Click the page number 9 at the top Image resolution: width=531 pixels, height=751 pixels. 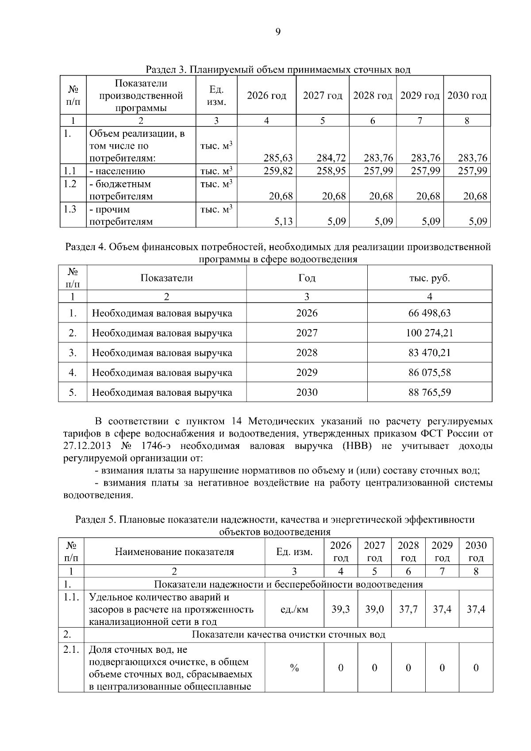coord(278,32)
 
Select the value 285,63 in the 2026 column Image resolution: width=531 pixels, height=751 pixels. coord(278,158)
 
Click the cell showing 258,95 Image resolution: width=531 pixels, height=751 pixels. coord(331,171)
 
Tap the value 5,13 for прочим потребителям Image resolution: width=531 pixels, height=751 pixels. coord(283,221)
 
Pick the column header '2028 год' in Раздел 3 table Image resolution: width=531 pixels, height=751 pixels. coord(373,96)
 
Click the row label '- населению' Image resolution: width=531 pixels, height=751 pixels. coord(117,171)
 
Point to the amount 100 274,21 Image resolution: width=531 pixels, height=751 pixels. coord(429,333)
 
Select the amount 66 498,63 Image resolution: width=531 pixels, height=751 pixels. coord(429,313)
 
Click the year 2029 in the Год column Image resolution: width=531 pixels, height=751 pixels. coord(307,372)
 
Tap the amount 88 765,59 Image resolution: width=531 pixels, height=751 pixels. coord(429,392)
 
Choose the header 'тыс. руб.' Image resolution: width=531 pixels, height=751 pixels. coord(429,278)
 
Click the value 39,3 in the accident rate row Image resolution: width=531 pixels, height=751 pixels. coord(341,609)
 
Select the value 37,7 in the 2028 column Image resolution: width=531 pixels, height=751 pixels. coord(408,609)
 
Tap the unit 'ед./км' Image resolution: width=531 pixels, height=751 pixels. coord(294,609)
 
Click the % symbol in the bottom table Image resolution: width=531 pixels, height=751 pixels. coord(294,668)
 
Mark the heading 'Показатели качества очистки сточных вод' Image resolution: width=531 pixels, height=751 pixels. coord(288,635)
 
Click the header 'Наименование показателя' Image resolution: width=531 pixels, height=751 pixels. coord(174,552)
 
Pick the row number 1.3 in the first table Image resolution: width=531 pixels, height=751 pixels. coord(70,209)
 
